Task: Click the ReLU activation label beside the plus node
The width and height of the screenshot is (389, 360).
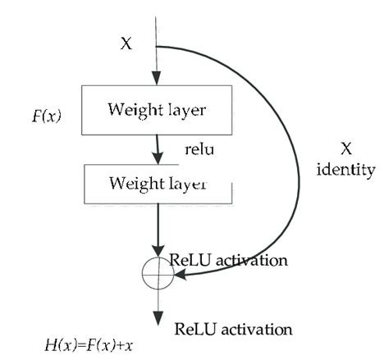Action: click(228, 260)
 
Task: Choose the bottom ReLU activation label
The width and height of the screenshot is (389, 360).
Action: click(234, 330)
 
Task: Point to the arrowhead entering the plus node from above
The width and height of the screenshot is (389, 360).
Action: click(155, 253)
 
